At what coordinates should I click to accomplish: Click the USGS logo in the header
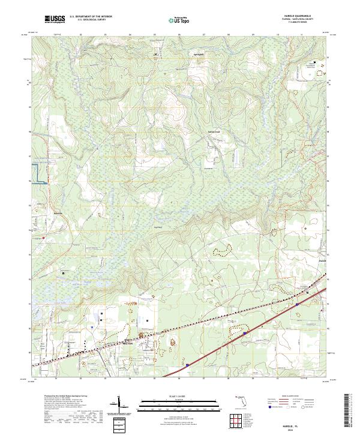coord(55,19)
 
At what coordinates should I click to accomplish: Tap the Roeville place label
coord(58,212)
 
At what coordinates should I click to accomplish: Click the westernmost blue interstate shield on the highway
coord(187,364)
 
